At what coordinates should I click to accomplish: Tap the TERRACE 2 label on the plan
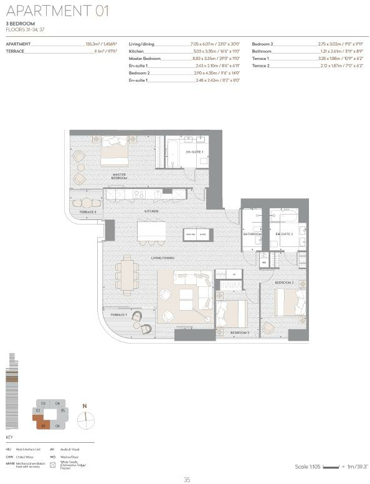click(x=88, y=213)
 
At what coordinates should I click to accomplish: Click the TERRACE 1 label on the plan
click(x=118, y=316)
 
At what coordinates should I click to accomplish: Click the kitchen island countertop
click(x=152, y=231)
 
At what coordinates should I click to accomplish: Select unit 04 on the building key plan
click(x=57, y=404)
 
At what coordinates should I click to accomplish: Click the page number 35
click(x=186, y=479)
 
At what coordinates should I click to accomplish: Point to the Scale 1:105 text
click(x=306, y=467)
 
